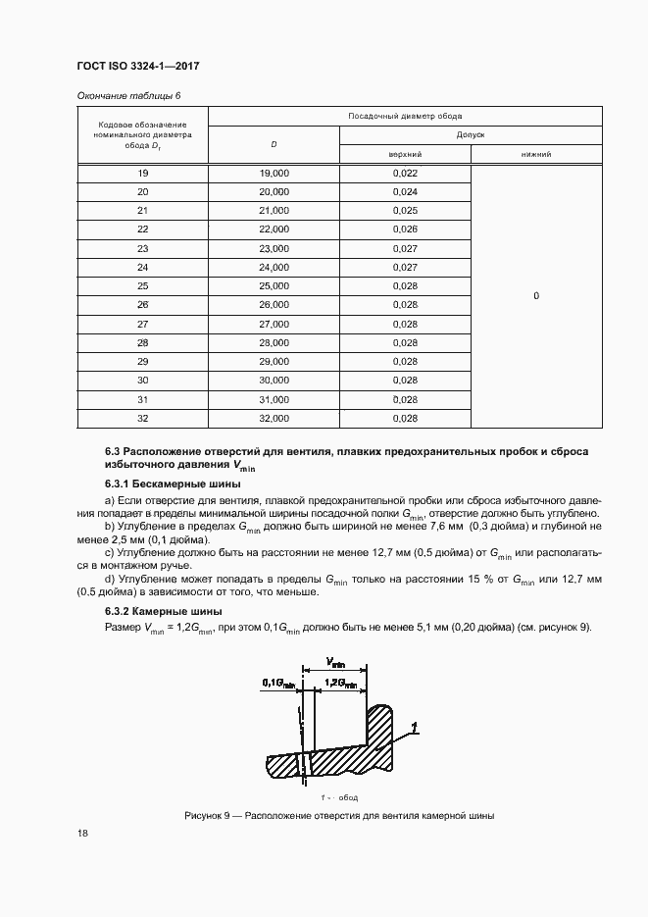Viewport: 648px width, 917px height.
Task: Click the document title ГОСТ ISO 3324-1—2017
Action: point(138,67)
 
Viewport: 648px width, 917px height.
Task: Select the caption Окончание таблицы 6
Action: point(128,95)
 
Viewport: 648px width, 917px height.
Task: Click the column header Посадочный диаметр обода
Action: point(405,116)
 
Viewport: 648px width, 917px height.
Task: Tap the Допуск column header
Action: point(471,134)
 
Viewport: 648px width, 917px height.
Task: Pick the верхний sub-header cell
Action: point(405,154)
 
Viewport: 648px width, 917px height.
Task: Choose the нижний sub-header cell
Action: point(536,154)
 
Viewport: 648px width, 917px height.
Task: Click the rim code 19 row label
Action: point(142,173)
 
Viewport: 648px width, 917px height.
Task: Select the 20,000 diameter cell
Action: point(274,191)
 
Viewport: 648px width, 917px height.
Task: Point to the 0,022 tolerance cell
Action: point(405,173)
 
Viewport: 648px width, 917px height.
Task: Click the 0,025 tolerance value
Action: point(405,211)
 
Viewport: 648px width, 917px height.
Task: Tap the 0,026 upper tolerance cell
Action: point(405,229)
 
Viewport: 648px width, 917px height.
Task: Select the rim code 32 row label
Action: point(142,419)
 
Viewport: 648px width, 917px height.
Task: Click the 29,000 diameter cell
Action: point(274,362)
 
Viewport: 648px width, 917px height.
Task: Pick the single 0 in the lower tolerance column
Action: point(536,295)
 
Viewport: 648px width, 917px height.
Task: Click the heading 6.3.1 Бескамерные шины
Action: point(172,484)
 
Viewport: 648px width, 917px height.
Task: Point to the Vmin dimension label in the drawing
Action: point(334,664)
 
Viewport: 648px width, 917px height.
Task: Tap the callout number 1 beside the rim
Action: point(416,727)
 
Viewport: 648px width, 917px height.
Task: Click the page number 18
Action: point(82,834)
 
